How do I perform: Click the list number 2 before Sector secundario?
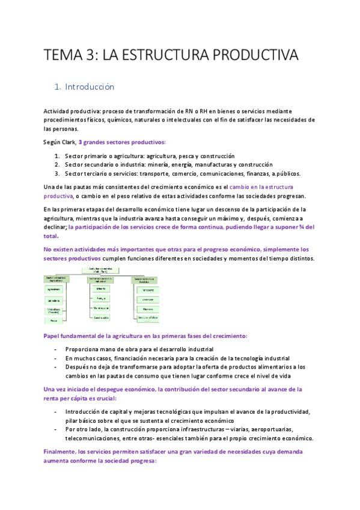point(56,164)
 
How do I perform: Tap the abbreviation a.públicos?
point(284,174)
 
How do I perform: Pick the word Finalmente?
point(63,451)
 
